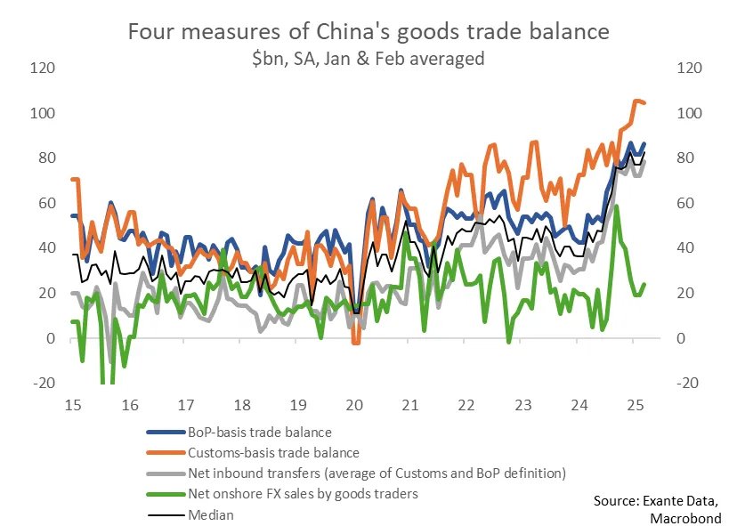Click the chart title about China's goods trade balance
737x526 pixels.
coord(368,32)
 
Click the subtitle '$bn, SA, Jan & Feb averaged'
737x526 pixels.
coord(368,59)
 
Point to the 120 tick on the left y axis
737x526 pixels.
coord(43,69)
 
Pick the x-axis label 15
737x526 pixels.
coord(73,405)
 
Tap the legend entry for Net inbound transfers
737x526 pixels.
coord(377,473)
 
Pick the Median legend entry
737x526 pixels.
coord(210,514)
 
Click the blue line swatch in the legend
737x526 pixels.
coord(165,433)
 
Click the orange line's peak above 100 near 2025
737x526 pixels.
coord(636,101)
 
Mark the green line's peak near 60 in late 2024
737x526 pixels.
coord(617,206)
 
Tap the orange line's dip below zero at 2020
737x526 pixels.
coord(355,342)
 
